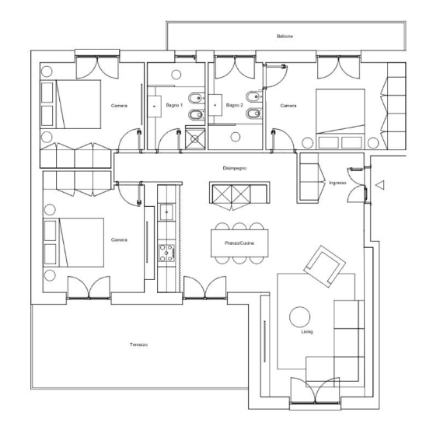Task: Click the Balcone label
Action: pos(285,37)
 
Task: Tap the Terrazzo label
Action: pos(138,344)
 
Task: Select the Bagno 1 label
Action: pos(174,105)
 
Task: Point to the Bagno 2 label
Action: pos(234,105)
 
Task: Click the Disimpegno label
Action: pos(234,168)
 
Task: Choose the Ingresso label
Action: pos(337,183)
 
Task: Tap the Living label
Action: pos(307,332)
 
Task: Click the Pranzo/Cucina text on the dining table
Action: pos(239,243)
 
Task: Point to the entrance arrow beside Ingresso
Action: pos(380,185)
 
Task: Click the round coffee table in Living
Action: pos(299,317)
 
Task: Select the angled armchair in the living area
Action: pos(325,266)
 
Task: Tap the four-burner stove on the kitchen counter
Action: pos(166,253)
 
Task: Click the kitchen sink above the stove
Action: pos(166,212)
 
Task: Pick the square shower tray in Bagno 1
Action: pos(195,138)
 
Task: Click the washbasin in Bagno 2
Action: pos(215,105)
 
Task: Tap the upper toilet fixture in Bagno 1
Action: pos(197,98)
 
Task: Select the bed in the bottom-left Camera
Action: pos(74,243)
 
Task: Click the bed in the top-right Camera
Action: pos(340,119)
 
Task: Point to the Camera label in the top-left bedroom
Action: pos(119,106)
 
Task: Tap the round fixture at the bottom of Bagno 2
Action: pos(236,137)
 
